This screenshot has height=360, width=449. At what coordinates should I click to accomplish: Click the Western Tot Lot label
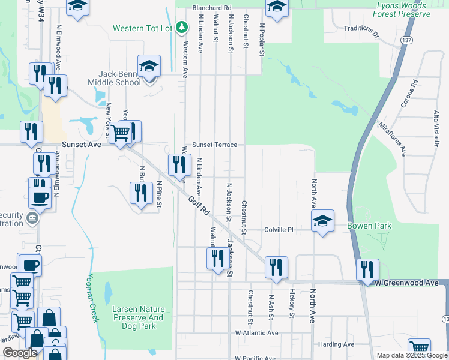143,28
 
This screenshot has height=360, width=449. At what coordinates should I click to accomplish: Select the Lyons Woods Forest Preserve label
400,10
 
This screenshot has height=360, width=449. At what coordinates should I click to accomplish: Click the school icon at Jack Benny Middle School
149,66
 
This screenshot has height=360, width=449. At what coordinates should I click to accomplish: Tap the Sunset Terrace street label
214,145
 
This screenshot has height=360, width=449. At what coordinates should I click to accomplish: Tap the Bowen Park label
369,226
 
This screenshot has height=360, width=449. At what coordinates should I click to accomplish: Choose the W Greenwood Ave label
408,283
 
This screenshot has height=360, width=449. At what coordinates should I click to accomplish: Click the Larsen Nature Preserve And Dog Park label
138,317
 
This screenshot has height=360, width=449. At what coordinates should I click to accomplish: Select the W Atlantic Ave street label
256,333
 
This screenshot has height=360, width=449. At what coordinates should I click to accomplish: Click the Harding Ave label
336,344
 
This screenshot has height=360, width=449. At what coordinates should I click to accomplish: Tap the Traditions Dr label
362,31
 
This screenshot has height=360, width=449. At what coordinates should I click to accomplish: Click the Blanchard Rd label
212,8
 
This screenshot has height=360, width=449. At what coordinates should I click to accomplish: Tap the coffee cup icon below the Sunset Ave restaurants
40,197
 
